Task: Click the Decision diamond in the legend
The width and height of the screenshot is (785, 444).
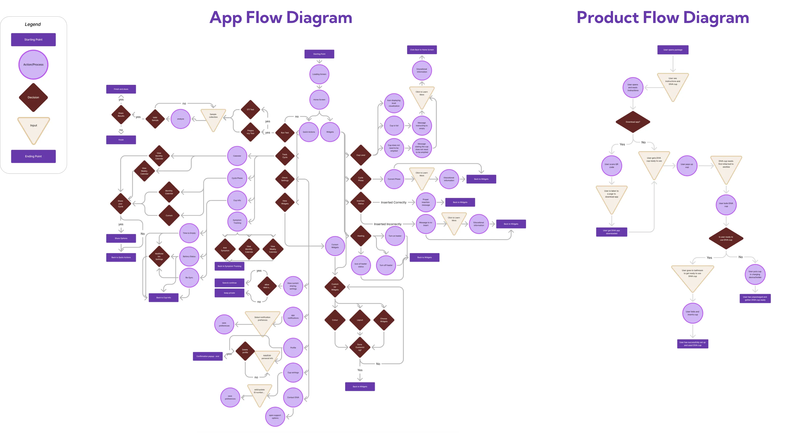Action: pyautogui.click(x=33, y=97)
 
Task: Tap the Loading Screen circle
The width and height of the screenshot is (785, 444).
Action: pyautogui.click(x=319, y=74)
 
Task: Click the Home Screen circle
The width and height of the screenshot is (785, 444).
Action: pyautogui.click(x=319, y=99)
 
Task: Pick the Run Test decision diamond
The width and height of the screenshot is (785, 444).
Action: pyautogui.click(x=285, y=133)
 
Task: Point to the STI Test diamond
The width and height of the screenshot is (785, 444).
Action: pyautogui.click(x=250, y=110)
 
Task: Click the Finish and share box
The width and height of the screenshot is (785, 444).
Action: pyautogui.click(x=121, y=89)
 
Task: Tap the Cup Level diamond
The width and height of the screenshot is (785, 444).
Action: pyautogui.click(x=361, y=155)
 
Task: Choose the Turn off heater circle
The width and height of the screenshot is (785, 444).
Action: pyautogui.click(x=386, y=265)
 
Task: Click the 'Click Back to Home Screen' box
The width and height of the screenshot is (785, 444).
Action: pyautogui.click(x=422, y=50)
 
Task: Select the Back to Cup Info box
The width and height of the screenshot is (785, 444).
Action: pyautogui.click(x=163, y=297)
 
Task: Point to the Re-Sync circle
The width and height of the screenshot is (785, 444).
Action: pyautogui.click(x=189, y=277)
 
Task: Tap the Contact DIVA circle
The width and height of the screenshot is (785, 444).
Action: pyautogui.click(x=293, y=397)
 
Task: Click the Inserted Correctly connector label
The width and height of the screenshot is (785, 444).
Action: pyautogui.click(x=394, y=203)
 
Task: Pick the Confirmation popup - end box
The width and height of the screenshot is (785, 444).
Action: pyautogui.click(x=208, y=356)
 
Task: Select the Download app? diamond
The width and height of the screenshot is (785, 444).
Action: pyautogui.click(x=633, y=122)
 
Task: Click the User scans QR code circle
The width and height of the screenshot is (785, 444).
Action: pyautogui.click(x=612, y=166)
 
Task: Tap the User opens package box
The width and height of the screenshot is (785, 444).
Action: pyautogui.click(x=673, y=50)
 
